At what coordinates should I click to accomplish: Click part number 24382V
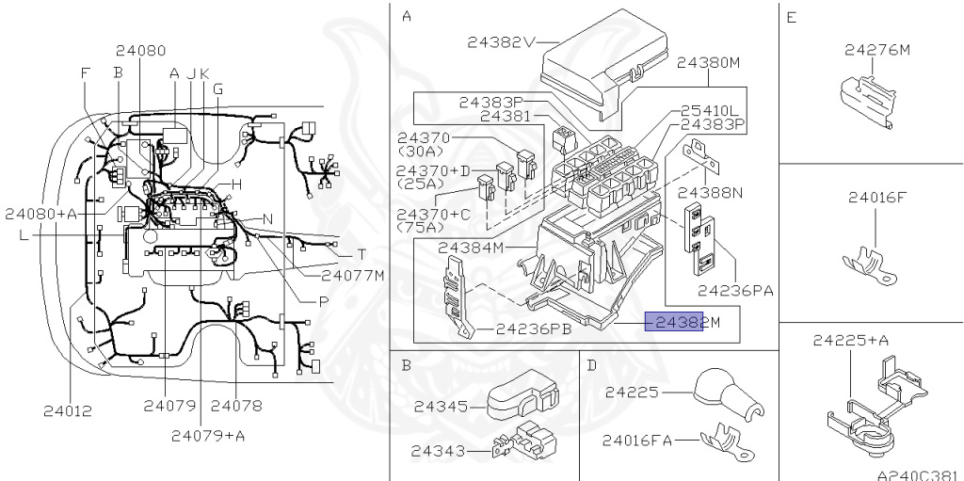click(502, 42)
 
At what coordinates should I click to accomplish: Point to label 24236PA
click(735, 290)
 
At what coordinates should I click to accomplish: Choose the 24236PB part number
click(534, 329)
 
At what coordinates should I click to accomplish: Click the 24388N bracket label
click(710, 193)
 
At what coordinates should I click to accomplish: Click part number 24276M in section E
click(876, 50)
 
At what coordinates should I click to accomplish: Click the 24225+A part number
click(851, 340)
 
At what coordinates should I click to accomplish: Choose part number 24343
click(438, 452)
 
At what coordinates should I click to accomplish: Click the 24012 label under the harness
click(68, 411)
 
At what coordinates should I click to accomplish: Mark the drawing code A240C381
click(921, 474)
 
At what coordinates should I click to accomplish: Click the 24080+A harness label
click(41, 214)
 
